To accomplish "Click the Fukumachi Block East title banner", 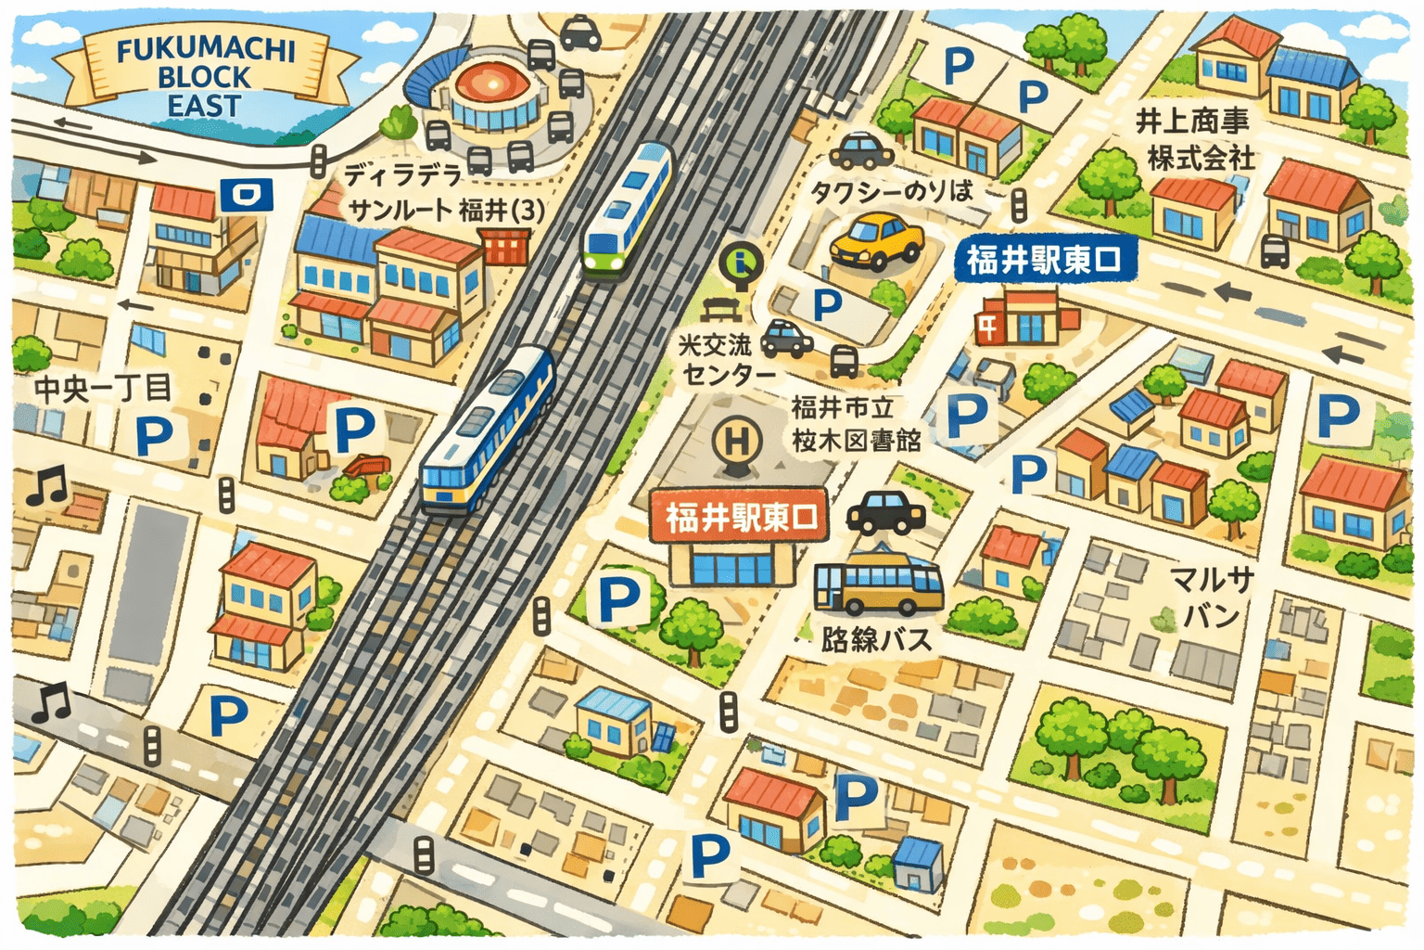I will pos(205,76).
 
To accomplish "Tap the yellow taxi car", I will pos(876,241).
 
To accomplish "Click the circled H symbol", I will pos(736,441).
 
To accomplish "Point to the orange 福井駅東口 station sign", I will pos(739,516).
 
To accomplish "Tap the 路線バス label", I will pos(875,639).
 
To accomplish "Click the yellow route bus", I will pos(877,584).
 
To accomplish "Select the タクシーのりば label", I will pos(891,192).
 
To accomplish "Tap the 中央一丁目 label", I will pos(103,389).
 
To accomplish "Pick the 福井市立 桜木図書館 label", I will pos(855,423).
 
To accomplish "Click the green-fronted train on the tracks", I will pos(628,211).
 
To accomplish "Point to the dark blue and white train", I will pos(488,430).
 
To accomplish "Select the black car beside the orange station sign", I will pos(885,511).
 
